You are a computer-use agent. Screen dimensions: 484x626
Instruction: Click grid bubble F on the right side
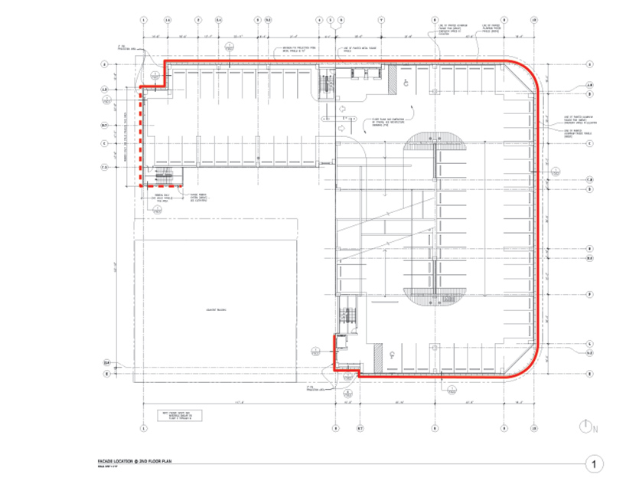[589, 295]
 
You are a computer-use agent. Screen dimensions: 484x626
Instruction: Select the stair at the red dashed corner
[166, 178]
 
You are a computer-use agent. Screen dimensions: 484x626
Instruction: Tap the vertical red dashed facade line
[140, 138]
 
